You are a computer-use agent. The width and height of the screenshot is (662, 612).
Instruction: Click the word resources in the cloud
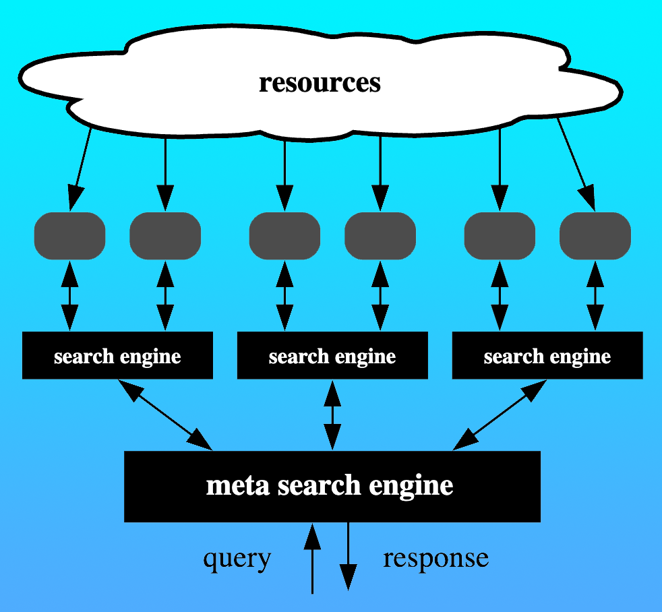tap(320, 83)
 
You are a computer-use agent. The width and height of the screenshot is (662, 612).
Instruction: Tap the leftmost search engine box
tap(117, 355)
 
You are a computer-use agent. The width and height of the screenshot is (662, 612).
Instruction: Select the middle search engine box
tap(332, 355)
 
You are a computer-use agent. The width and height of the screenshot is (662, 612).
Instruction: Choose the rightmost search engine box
tap(547, 355)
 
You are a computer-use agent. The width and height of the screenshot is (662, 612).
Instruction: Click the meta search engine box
tap(332, 486)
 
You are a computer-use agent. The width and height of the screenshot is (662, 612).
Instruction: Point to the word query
tap(237, 559)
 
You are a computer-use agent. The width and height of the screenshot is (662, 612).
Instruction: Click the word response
tap(435, 559)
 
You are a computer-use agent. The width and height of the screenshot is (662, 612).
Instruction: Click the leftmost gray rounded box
tap(69, 236)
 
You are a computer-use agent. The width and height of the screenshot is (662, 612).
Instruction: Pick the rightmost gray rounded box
tap(595, 236)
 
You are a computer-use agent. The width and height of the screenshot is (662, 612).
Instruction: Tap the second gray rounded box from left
tap(165, 236)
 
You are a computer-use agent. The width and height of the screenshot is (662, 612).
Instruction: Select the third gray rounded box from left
tap(284, 236)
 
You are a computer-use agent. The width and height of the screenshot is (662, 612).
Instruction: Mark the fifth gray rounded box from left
tap(500, 236)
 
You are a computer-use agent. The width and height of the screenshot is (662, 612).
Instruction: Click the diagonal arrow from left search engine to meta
tap(165, 415)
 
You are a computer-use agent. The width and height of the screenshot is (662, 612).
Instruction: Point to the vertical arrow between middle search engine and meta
tap(332, 415)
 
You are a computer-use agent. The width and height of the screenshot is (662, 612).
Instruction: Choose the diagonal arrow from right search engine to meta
tap(500, 415)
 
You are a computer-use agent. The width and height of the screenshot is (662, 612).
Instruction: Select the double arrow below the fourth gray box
tap(380, 295)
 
